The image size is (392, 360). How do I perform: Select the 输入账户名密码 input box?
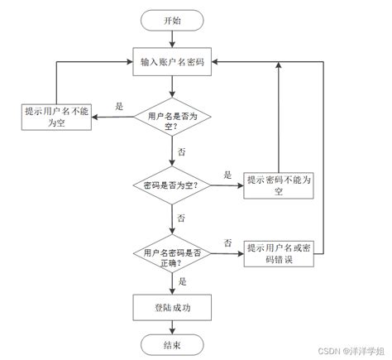click(x=172, y=62)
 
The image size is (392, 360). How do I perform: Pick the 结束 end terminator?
click(x=172, y=345)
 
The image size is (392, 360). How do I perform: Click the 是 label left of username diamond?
click(x=118, y=107)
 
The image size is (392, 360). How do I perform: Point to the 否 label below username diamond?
click(x=180, y=154)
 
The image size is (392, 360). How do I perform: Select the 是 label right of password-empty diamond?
click(x=227, y=175)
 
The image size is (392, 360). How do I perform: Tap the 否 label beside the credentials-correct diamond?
click(x=227, y=242)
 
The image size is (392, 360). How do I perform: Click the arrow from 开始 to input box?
click(x=172, y=39)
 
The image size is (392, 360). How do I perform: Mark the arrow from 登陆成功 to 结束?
click(x=172, y=326)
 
